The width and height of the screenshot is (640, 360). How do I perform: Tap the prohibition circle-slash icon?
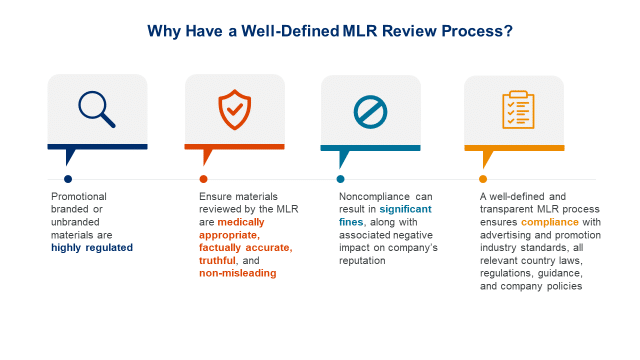tap(369, 110)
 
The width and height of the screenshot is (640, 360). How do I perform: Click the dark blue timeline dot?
tap(67, 180)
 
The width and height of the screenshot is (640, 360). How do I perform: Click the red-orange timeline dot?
tap(204, 180)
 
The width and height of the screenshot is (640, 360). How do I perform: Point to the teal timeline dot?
tap(340, 180)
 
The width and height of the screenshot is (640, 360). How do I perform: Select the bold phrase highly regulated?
tap(91, 246)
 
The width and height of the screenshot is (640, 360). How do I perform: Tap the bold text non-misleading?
tap(237, 272)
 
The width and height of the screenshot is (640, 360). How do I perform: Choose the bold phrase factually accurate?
tap(244, 246)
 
